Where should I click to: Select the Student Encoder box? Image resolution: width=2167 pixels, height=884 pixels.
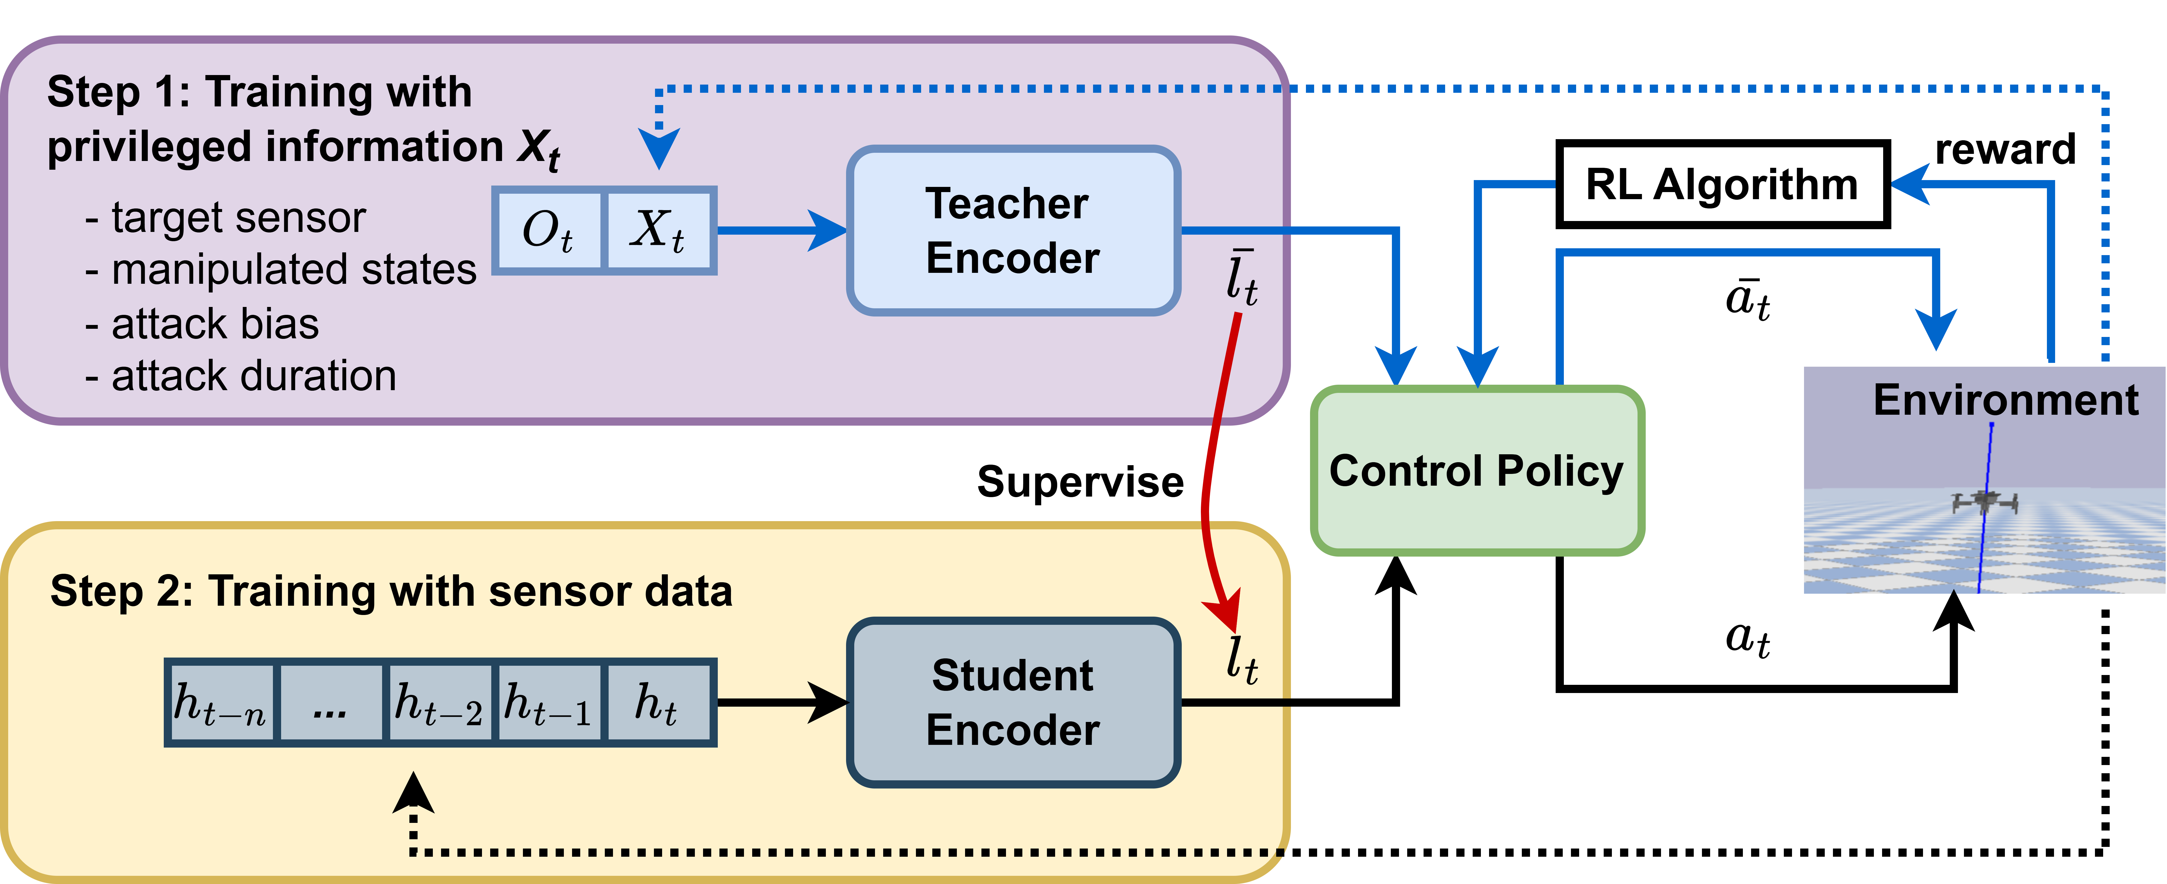pyautogui.click(x=1013, y=702)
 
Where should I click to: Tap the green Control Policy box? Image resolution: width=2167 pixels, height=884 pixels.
pyautogui.click(x=1476, y=471)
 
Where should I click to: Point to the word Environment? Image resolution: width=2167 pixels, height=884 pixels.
pyautogui.click(x=2005, y=400)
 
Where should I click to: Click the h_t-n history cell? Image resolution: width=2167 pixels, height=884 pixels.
pyautogui.click(x=221, y=703)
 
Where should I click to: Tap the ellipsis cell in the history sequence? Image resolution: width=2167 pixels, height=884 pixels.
pyautogui.click(x=330, y=703)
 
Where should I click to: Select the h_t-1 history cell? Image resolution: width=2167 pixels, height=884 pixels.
pyautogui.click(x=549, y=703)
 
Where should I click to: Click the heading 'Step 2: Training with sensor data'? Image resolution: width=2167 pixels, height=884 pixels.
pyautogui.click(x=391, y=591)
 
